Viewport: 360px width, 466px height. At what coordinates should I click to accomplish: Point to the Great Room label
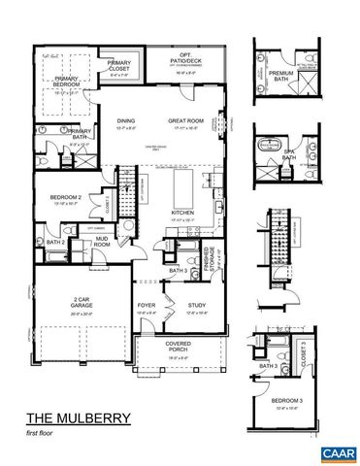click(x=186, y=120)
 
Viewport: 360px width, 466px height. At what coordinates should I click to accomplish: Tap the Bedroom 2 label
click(x=65, y=198)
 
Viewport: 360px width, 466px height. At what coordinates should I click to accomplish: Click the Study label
click(x=197, y=305)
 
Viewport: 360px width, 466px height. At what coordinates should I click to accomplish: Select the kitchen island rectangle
click(x=184, y=185)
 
